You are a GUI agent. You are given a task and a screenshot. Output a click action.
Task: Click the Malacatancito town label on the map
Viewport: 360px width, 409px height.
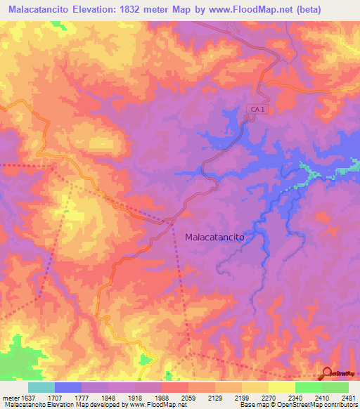coord(214,238)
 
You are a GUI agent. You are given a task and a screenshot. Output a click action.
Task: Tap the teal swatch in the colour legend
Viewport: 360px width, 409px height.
coord(41,387)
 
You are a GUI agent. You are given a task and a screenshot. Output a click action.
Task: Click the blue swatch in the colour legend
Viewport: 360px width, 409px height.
coord(68,387)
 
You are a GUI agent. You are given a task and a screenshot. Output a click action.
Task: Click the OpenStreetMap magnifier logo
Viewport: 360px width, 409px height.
coord(327,372)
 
